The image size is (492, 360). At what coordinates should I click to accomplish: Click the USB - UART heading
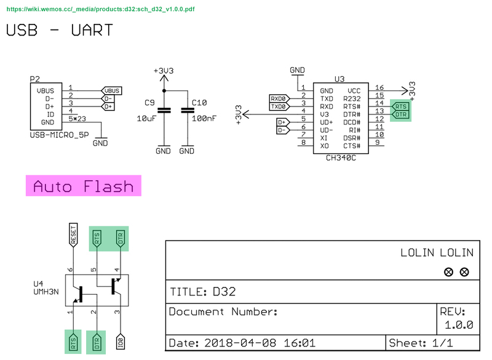tap(60, 30)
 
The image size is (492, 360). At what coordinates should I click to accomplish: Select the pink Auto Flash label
tap(83, 186)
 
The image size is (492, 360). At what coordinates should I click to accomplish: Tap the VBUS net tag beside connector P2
tap(113, 90)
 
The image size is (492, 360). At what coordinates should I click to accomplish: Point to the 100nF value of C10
tap(203, 118)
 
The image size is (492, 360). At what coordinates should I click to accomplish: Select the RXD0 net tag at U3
tap(279, 98)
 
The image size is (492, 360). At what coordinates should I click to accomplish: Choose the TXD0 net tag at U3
tap(279, 106)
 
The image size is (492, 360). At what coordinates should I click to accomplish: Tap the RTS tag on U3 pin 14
tap(401, 106)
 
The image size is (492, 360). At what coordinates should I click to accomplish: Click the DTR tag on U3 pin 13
tap(401, 114)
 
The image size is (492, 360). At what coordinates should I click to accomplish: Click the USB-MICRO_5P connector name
tap(58, 134)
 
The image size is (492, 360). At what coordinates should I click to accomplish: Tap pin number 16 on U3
tap(379, 88)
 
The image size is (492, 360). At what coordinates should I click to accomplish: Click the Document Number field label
tap(224, 312)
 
